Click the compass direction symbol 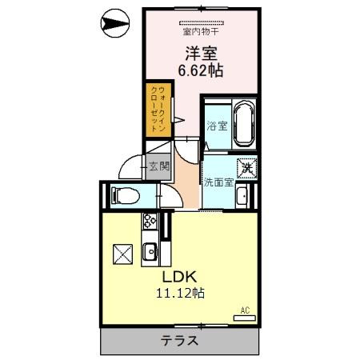pyautogui.click(x=115, y=23)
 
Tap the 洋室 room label pyautogui.click(x=202, y=54)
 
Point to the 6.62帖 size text pyautogui.click(x=201, y=70)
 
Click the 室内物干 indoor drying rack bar pyautogui.click(x=202, y=23)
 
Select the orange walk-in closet pyautogui.click(x=158, y=110)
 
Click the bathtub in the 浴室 pyautogui.click(x=244, y=124)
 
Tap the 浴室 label pyautogui.click(x=217, y=126)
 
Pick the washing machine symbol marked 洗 pyautogui.click(x=247, y=168)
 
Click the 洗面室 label pyautogui.click(x=218, y=182)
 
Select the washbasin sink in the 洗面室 pyautogui.click(x=242, y=195)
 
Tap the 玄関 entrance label pyautogui.click(x=159, y=166)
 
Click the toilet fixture pyautogui.click(x=126, y=196)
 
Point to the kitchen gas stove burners pyautogui.click(x=150, y=221)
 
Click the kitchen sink pyautogui.click(x=150, y=251)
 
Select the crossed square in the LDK pyautogui.click(x=122, y=254)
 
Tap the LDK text pyautogui.click(x=180, y=277)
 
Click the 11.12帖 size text pyautogui.click(x=180, y=293)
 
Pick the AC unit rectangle pyautogui.click(x=245, y=318)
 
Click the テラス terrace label pyautogui.click(x=179, y=341)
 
